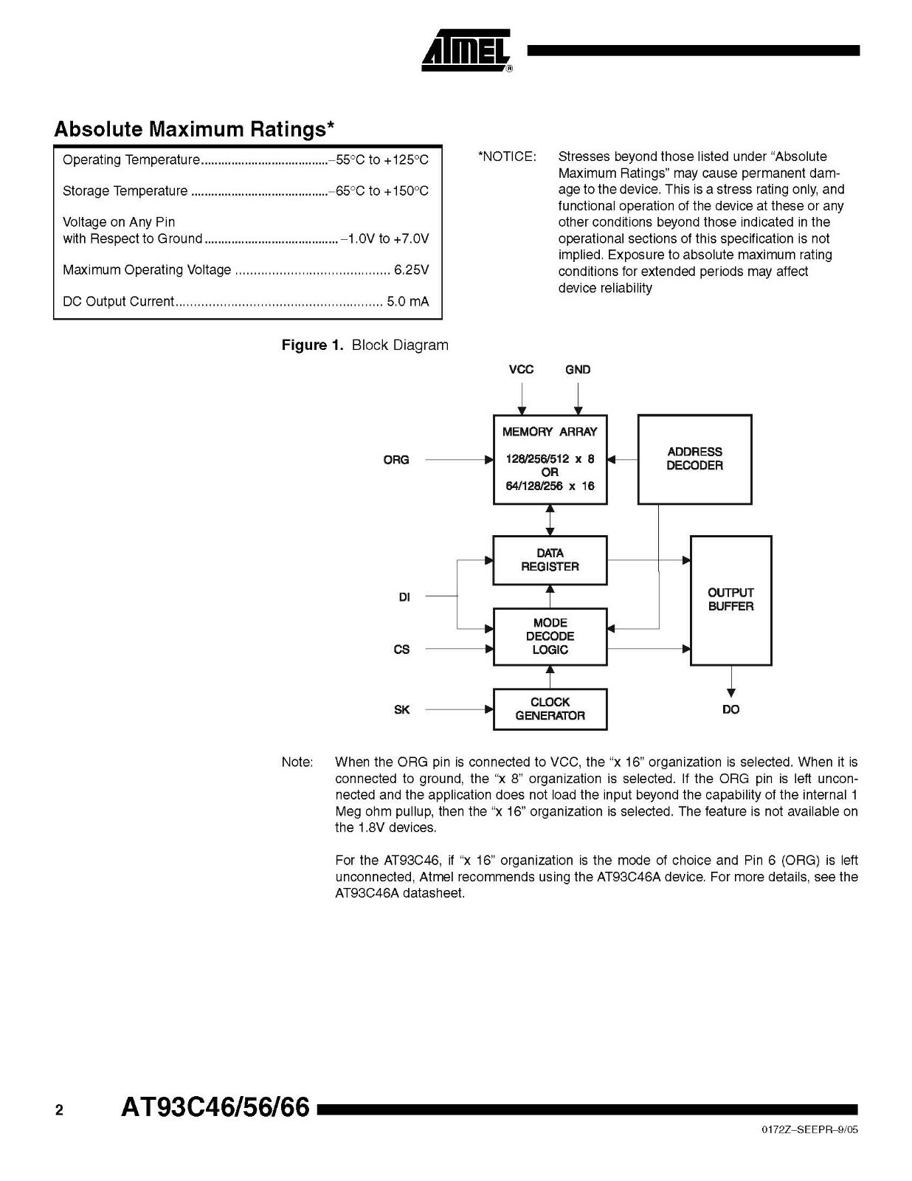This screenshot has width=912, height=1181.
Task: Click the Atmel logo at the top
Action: [x=466, y=51]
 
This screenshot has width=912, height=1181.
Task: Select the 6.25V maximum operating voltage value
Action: [x=411, y=270]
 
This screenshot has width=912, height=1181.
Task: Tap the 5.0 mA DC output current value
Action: [x=407, y=301]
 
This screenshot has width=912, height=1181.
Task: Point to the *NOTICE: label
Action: [x=507, y=156]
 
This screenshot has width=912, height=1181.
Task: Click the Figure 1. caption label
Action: [x=314, y=345]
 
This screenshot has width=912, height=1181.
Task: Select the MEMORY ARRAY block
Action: [x=550, y=459]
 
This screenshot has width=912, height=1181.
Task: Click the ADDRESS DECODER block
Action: [x=694, y=459]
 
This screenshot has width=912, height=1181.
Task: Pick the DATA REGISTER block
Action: [x=550, y=559]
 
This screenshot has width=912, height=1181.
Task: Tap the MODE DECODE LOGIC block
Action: [x=550, y=636]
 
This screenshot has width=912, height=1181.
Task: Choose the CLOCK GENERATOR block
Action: [x=550, y=709]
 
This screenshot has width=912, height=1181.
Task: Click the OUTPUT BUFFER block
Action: [x=730, y=599]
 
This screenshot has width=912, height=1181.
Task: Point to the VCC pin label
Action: [x=521, y=369]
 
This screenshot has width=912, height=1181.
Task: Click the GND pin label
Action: [x=578, y=369]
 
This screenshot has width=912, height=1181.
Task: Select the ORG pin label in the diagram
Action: [x=396, y=460]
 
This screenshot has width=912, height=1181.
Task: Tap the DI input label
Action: [x=404, y=597]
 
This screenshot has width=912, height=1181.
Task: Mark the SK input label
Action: [x=401, y=710]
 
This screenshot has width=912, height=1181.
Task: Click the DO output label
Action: [x=730, y=709]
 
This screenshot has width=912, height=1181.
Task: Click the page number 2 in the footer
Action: [x=59, y=1110]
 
